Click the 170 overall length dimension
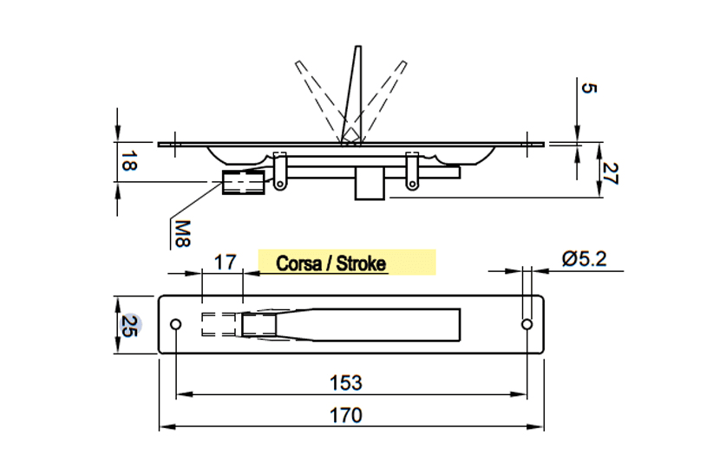click(x=346, y=415)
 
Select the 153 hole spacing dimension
click(x=346, y=383)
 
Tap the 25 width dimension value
click(x=128, y=326)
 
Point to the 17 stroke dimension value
click(x=226, y=263)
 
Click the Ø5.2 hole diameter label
click(x=585, y=259)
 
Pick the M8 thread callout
click(x=182, y=234)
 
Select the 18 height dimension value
click(x=128, y=162)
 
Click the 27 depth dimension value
click(x=610, y=173)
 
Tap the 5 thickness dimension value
click(x=588, y=88)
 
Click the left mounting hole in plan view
click(x=175, y=324)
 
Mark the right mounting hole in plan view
click(x=527, y=324)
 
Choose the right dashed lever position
click(x=381, y=101)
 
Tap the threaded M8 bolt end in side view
click(x=243, y=182)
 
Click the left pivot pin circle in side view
click(x=280, y=184)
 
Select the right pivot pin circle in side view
click(x=412, y=184)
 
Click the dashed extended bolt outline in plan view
click(x=219, y=324)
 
